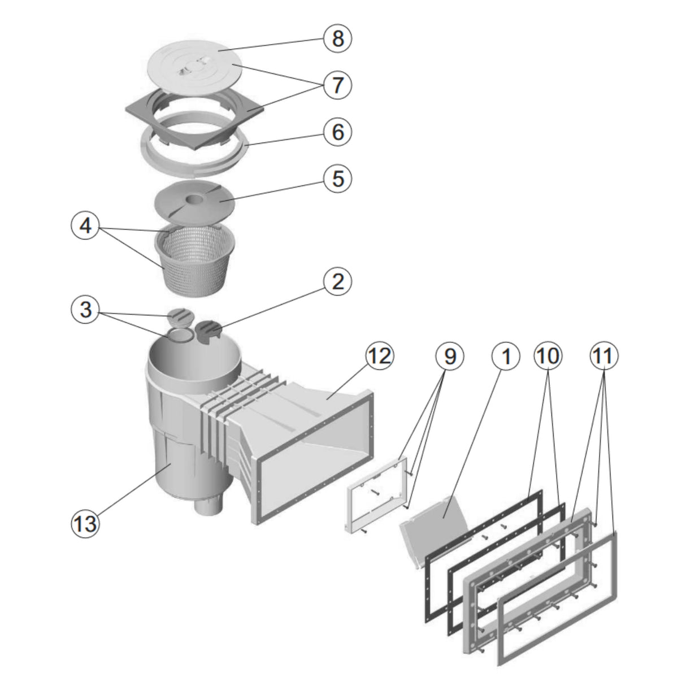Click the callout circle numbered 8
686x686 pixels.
[x=337, y=38]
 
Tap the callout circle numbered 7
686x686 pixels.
[x=337, y=85]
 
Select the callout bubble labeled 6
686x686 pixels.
[x=337, y=132]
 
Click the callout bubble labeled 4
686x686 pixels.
[x=85, y=227]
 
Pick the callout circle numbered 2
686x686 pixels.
[x=337, y=281]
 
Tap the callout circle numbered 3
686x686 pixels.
[x=85, y=310]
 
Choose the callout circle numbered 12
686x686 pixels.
[x=379, y=356]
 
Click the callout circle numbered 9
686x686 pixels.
[x=449, y=356]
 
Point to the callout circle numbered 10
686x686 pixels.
[x=548, y=356]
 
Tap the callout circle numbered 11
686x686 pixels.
[x=604, y=356]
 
